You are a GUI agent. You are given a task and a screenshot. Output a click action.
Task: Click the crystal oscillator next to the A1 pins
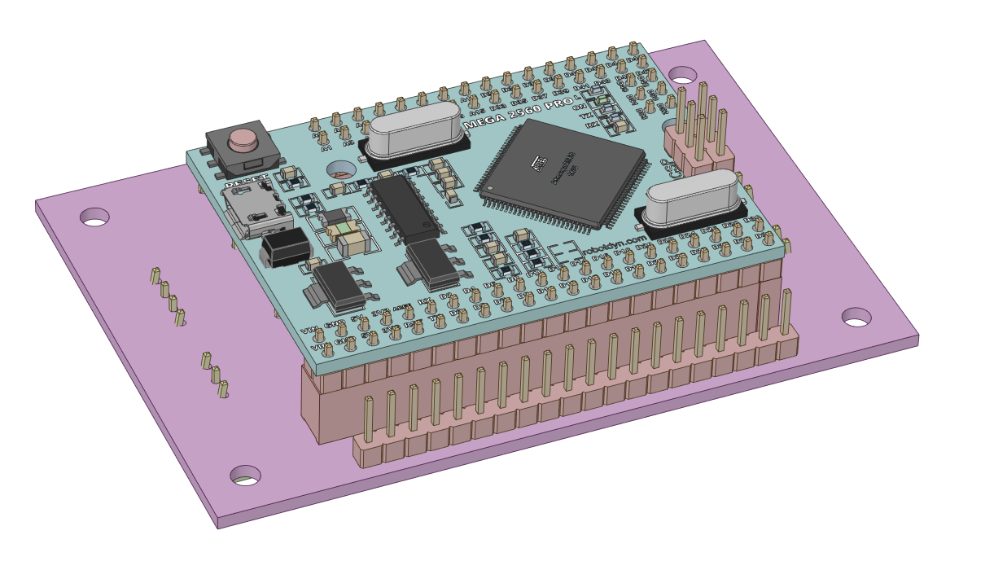pos(413,134)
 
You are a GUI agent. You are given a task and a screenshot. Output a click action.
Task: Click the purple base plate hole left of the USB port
pos(94,217)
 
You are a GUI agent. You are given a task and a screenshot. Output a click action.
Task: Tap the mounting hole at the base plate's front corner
pos(245,476)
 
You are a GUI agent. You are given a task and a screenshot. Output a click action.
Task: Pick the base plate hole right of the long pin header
pos(856,317)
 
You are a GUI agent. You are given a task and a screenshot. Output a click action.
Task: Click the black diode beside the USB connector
pos(285,247)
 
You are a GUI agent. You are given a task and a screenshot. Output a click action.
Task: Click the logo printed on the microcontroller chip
pos(539,164)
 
